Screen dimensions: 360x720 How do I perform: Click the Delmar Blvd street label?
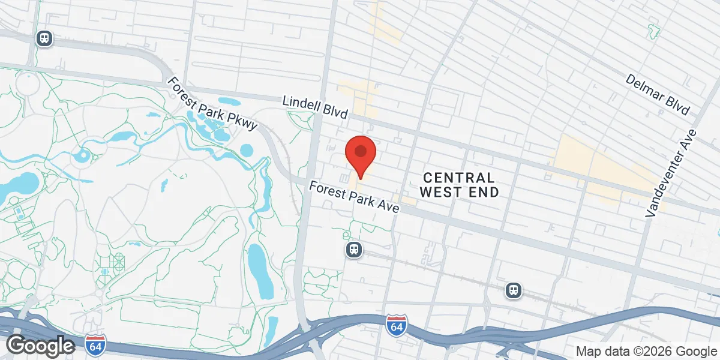point(658,95)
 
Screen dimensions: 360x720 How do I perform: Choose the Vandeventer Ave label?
point(671,173)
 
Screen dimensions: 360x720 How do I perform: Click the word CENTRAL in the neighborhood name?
point(459,178)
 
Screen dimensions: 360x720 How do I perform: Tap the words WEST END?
point(459,192)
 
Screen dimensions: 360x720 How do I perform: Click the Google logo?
point(40,346)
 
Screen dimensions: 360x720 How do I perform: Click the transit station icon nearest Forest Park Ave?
point(354,249)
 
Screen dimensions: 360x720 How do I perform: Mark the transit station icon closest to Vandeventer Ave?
point(513,290)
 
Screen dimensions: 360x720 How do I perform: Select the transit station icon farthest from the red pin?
point(44,38)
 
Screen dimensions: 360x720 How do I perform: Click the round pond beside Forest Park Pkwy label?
point(247,149)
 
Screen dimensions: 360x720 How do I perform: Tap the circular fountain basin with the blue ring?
point(82,157)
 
